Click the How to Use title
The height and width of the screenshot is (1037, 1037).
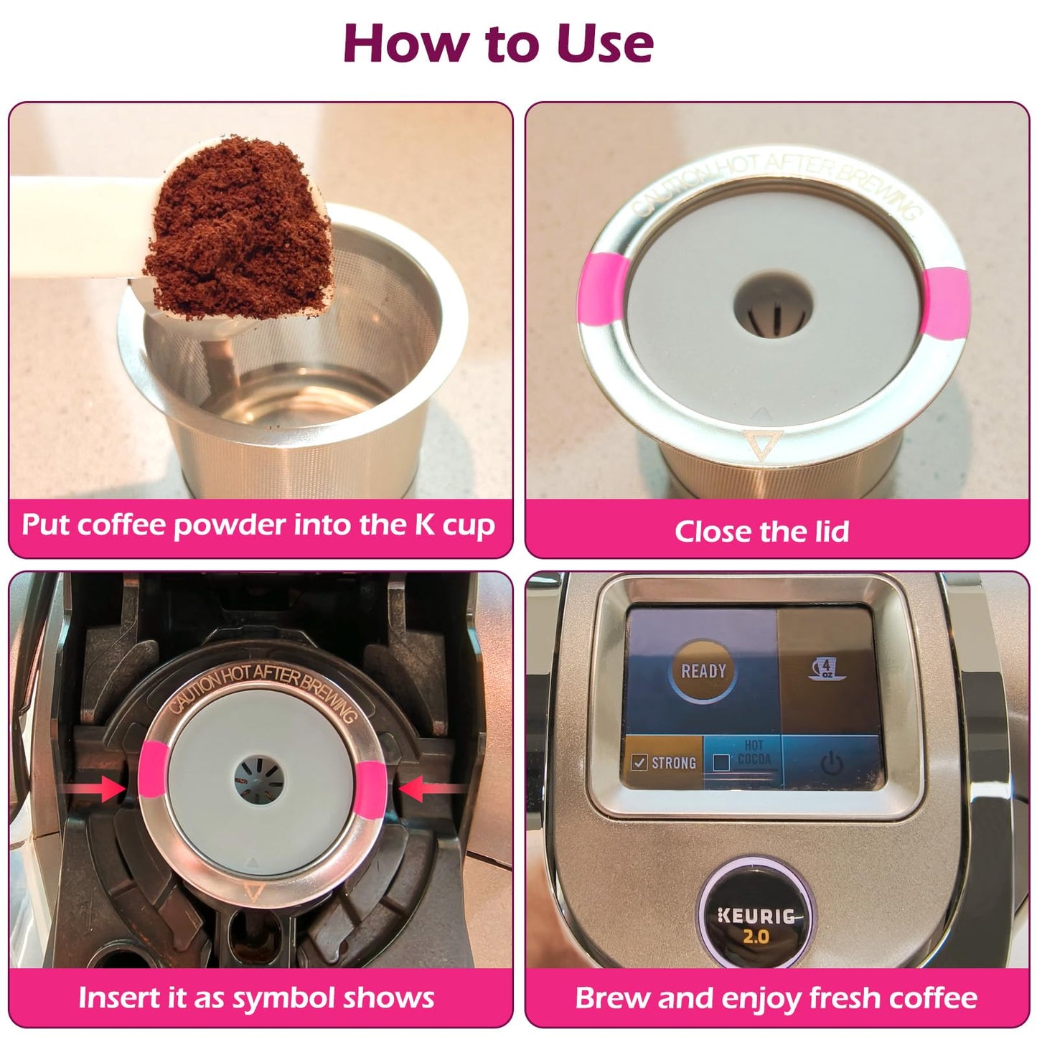pyautogui.click(x=498, y=43)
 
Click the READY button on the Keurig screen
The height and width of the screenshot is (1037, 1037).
pyautogui.click(x=703, y=672)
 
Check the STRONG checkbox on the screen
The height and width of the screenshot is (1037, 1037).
pyautogui.click(x=639, y=762)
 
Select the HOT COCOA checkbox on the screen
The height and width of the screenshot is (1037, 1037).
pyautogui.click(x=722, y=762)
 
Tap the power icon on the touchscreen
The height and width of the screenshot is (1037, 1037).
pyautogui.click(x=831, y=764)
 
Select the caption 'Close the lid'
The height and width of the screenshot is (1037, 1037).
pyautogui.click(x=761, y=531)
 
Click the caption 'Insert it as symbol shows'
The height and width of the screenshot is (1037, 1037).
pyautogui.click(x=256, y=998)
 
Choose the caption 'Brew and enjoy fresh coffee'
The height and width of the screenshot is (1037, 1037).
pyautogui.click(x=776, y=998)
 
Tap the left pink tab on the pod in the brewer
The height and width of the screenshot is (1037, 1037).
pyautogui.click(x=153, y=769)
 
